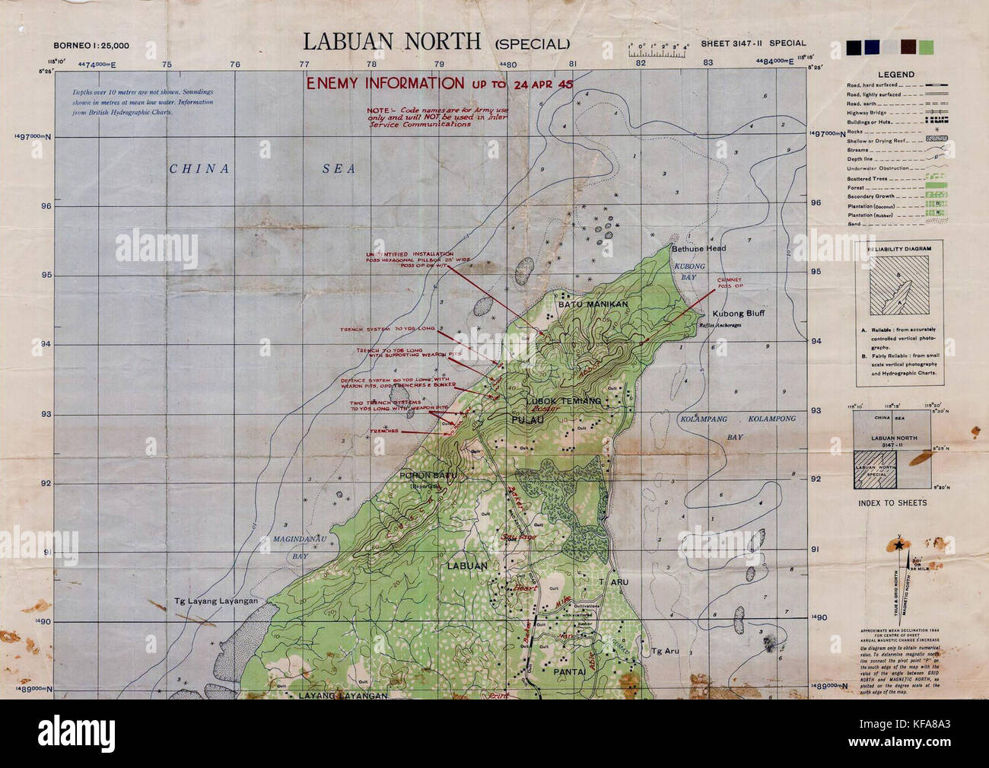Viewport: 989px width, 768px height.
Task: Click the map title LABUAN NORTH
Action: [392, 41]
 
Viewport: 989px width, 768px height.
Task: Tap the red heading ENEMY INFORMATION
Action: [384, 83]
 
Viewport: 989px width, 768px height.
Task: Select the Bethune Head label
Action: [698, 248]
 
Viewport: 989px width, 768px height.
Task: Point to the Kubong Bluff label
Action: [738, 314]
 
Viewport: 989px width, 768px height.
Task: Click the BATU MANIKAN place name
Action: [593, 304]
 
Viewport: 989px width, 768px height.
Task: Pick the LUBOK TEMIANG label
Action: [564, 400]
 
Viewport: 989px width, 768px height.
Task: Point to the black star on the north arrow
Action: [901, 545]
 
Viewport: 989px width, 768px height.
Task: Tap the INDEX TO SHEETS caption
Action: [892, 503]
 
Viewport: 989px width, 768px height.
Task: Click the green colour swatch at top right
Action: [926, 48]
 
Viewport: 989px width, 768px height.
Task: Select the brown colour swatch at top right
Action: [908, 48]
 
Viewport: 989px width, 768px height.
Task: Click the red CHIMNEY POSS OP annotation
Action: [729, 285]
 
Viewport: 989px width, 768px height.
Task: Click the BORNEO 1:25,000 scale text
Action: [91, 45]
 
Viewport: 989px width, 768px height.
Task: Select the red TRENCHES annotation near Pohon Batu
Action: [383, 431]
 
